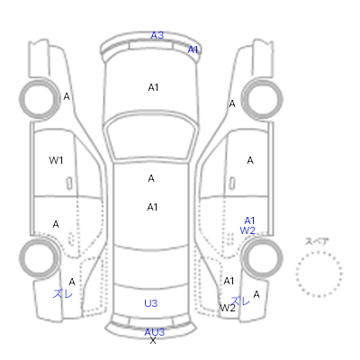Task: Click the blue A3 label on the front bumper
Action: coord(157,35)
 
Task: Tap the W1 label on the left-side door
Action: coord(56,160)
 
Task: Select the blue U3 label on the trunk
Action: coord(150,303)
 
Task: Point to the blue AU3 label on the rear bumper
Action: coord(155,332)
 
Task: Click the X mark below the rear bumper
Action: coord(153,340)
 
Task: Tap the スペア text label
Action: coord(317,241)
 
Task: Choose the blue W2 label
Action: coord(247,230)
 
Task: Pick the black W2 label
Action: coord(228,308)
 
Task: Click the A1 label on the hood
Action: coord(153,87)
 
